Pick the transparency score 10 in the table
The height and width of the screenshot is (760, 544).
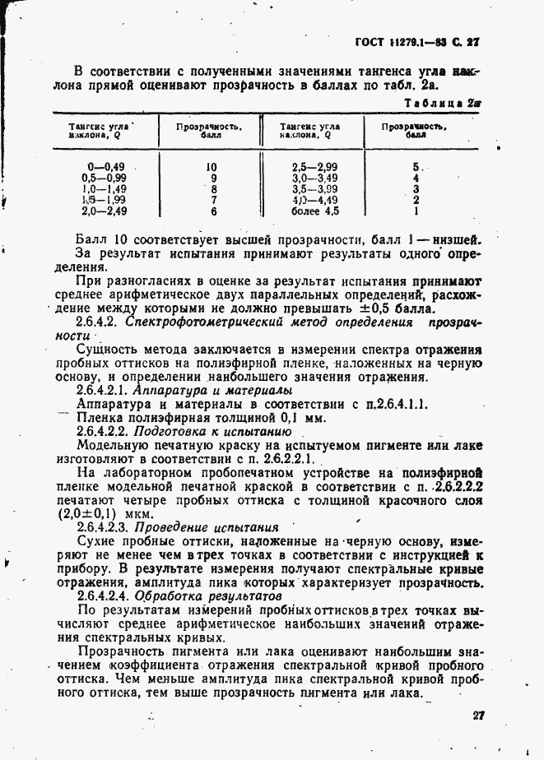click(x=212, y=165)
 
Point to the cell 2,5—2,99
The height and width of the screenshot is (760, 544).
click(x=314, y=165)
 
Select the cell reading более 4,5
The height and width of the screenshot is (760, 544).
click(x=314, y=211)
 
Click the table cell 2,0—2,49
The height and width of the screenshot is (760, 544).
click(x=104, y=211)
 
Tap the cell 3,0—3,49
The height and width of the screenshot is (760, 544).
click(x=314, y=177)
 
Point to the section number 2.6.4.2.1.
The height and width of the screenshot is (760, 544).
click(x=105, y=389)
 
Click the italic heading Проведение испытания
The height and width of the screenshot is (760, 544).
click(x=207, y=526)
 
